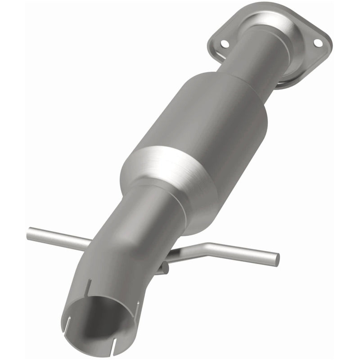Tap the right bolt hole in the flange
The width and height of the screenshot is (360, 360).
pos(318,43)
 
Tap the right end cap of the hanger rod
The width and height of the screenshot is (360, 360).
pos(276,260)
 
